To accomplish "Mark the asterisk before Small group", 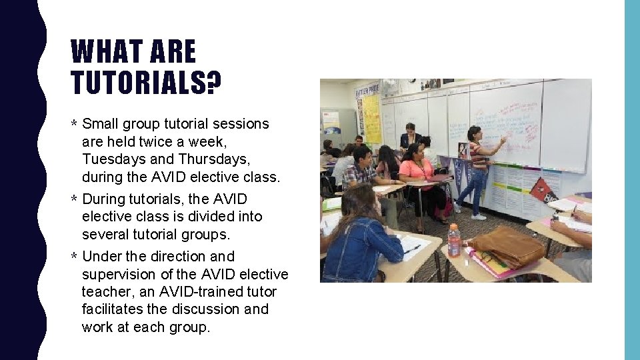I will point(75,125).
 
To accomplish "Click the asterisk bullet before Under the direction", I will point(75,257).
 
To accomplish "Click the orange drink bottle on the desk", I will point(454,240).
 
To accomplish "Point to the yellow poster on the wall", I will point(371,118).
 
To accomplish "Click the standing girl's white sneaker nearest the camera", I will point(478,216).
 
